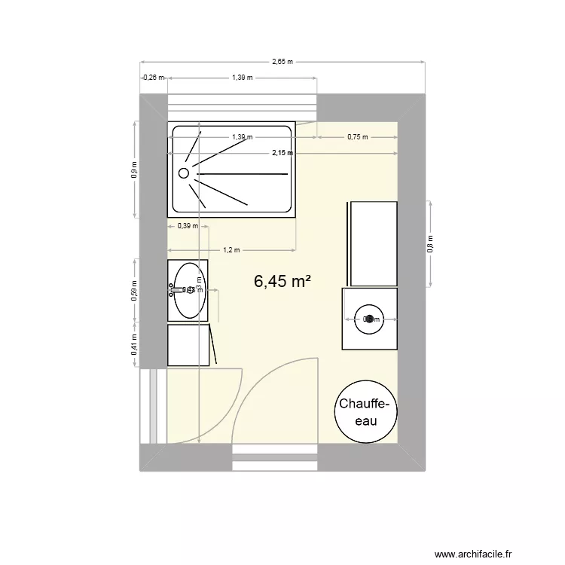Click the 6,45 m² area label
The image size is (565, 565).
click(282, 281)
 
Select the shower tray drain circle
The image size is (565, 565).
click(183, 173)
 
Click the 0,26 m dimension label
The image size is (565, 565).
click(153, 77)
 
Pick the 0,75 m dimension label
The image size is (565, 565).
click(358, 137)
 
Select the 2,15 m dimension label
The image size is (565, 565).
click(282, 153)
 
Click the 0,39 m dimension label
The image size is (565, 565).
click(188, 225)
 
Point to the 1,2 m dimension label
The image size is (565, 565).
click(231, 250)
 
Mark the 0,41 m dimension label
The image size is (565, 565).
click(134, 346)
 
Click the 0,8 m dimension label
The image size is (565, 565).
click(430, 243)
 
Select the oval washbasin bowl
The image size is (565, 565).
click(188, 290)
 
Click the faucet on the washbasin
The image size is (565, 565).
click(177, 289)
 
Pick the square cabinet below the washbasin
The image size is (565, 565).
click(188, 345)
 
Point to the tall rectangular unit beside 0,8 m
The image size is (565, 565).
click(371, 243)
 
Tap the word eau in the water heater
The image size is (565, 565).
click(366, 421)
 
